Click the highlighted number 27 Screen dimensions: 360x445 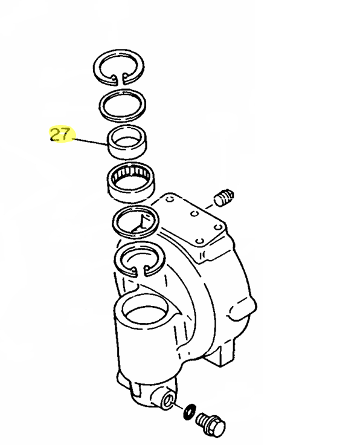tap(60, 134)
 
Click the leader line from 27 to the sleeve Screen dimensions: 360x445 tap(91, 141)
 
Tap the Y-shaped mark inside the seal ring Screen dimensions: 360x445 tap(140, 225)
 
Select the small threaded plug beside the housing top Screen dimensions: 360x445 tap(224, 197)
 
